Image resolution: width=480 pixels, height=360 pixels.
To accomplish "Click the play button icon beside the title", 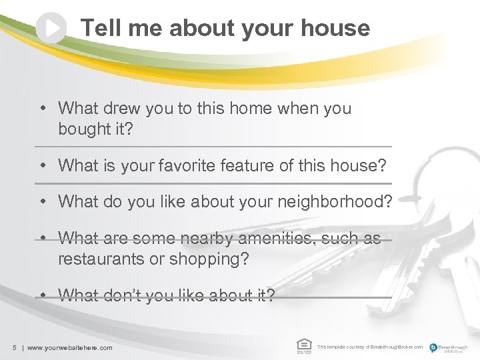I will click(51, 28).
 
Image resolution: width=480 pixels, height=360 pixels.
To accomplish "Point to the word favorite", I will click(189, 165).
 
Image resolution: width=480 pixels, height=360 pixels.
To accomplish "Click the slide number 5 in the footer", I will click(14, 347).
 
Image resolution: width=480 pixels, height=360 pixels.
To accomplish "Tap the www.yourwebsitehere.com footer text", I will click(69, 347).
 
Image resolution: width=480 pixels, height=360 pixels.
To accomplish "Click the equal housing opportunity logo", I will click(303, 345).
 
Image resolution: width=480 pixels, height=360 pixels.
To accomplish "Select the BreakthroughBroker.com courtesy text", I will click(370, 347).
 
